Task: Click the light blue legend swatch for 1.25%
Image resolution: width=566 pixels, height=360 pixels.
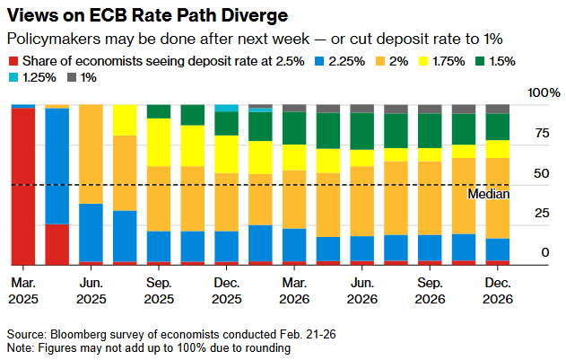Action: pyautogui.click(x=13, y=77)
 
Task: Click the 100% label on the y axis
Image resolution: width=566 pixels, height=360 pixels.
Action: pyautogui.click(x=543, y=93)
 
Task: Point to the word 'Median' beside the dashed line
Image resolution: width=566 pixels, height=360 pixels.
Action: pyautogui.click(x=490, y=193)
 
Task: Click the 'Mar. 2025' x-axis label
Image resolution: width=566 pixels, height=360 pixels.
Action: pyautogui.click(x=23, y=289)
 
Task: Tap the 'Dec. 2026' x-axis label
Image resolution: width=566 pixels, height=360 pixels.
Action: pyautogui.click(x=497, y=289)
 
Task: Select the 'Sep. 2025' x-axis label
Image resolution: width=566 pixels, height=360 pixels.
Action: pyautogui.click(x=159, y=289)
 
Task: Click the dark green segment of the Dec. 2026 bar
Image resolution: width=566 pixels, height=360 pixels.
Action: pyautogui.click(x=497, y=127)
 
